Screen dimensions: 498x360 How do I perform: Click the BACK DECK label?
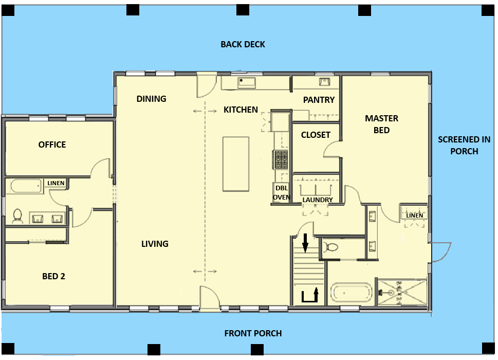[243, 44]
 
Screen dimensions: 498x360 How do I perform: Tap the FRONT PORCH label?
[253, 333]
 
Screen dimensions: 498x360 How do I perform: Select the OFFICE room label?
[52, 145]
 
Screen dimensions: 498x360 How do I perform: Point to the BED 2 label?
[53, 276]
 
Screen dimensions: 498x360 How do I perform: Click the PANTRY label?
[319, 100]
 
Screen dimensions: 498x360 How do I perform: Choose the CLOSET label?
[316, 135]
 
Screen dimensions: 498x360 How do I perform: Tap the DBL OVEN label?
[282, 192]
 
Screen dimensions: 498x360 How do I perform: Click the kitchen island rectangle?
[236, 164]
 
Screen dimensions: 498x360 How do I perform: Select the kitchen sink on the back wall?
[247, 83]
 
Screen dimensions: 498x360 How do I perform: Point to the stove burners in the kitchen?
[281, 159]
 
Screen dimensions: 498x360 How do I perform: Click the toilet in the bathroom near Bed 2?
[17, 216]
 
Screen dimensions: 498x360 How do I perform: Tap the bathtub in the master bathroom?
[351, 293]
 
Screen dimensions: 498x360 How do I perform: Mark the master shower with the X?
[402, 292]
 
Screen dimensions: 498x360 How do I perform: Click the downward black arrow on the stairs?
[305, 243]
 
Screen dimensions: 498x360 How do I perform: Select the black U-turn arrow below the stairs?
[310, 295]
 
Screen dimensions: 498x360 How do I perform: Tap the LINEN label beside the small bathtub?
[56, 183]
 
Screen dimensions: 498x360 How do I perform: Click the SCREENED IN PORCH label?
[464, 145]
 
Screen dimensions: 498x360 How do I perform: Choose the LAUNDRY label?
[318, 200]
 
